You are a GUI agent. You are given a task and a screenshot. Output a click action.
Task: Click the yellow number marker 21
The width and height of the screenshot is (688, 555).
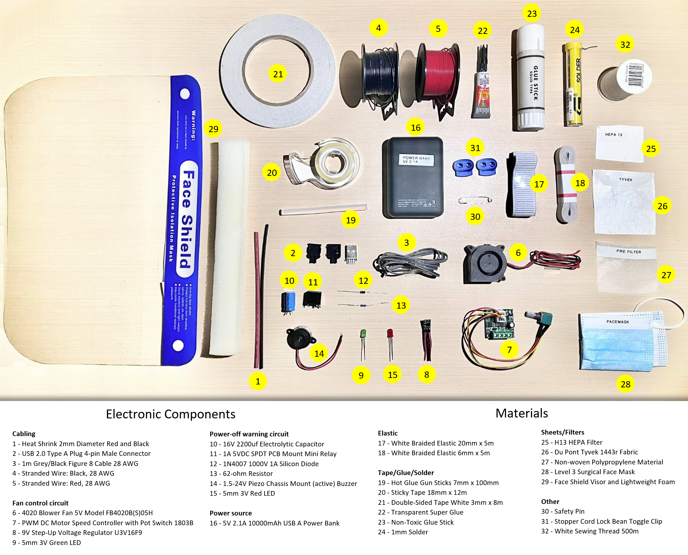click(x=278, y=74)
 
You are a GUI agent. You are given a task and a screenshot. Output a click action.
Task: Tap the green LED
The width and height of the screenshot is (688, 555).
click(x=363, y=334)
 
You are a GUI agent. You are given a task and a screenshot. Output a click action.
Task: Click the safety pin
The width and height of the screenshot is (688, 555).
click(x=475, y=200)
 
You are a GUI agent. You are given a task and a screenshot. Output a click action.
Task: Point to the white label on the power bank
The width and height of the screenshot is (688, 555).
click(x=416, y=160)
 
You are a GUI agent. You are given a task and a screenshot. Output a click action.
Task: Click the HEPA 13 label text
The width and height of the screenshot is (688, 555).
click(x=613, y=135)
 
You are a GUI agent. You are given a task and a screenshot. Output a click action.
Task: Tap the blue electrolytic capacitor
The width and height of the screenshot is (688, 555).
click(x=288, y=301)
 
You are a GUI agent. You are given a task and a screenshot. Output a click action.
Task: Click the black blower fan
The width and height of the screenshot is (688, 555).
click(x=485, y=264)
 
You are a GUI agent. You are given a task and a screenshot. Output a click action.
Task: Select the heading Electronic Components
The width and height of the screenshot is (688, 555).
click(x=170, y=414)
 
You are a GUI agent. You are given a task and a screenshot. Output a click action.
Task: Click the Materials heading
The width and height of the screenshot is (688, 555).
click(x=521, y=413)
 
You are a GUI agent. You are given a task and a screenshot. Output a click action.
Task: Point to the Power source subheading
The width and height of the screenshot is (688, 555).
click(x=231, y=513)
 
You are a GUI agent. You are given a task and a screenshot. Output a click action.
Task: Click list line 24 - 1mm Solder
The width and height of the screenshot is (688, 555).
click(x=403, y=532)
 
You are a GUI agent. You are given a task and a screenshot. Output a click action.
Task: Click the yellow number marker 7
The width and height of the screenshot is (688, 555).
click(x=509, y=350)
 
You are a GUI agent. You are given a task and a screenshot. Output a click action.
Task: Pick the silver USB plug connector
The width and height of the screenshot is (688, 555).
click(x=351, y=254)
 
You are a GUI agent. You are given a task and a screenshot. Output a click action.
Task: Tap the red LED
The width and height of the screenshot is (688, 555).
click(x=390, y=334)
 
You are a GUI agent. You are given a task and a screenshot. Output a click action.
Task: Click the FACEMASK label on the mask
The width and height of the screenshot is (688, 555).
click(x=618, y=322)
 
